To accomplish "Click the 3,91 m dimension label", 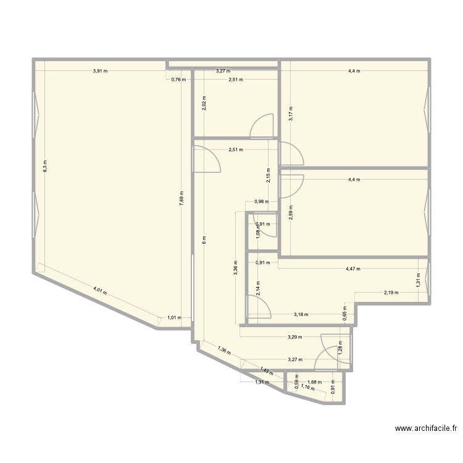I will [x=100, y=71].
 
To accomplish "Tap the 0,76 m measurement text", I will [x=178, y=79].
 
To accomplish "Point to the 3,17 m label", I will [x=291, y=114].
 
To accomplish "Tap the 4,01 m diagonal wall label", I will [x=101, y=290].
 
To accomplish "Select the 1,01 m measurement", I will [x=174, y=318].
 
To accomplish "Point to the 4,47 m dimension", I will [x=353, y=269].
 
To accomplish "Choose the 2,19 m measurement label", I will [x=391, y=293].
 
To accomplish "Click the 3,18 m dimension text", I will [x=301, y=314].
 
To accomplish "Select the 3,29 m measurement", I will [x=295, y=337].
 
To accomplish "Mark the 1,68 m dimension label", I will [x=315, y=382].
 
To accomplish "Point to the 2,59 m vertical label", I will [x=291, y=214].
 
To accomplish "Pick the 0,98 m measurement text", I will [x=262, y=202].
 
